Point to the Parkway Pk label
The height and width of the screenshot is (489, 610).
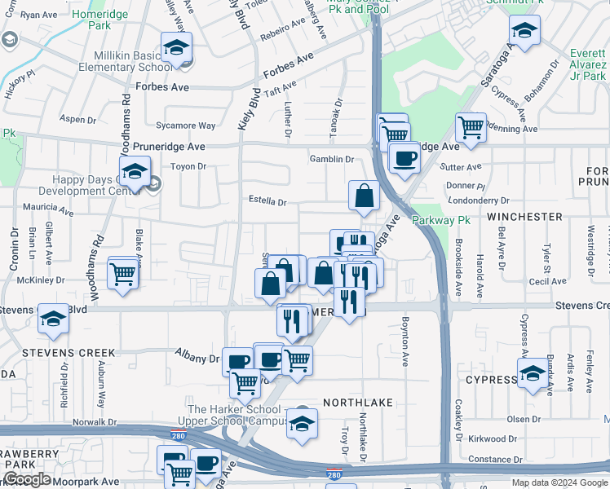[x=441, y=221]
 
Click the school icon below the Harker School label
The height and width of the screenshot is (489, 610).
[x=302, y=424]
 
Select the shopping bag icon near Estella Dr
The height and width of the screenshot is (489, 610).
[x=364, y=196]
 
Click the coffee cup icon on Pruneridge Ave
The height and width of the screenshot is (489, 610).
[x=403, y=159]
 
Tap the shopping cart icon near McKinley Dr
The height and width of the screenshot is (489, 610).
[x=122, y=273]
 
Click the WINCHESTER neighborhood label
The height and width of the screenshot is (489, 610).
[x=524, y=217]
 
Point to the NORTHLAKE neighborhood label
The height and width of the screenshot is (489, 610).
[x=357, y=403]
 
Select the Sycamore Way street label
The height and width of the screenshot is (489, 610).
[x=185, y=126]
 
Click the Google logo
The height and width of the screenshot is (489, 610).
[x=27, y=479]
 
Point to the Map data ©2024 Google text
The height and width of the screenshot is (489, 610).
[x=559, y=482]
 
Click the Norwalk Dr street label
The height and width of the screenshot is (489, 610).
[x=95, y=422]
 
